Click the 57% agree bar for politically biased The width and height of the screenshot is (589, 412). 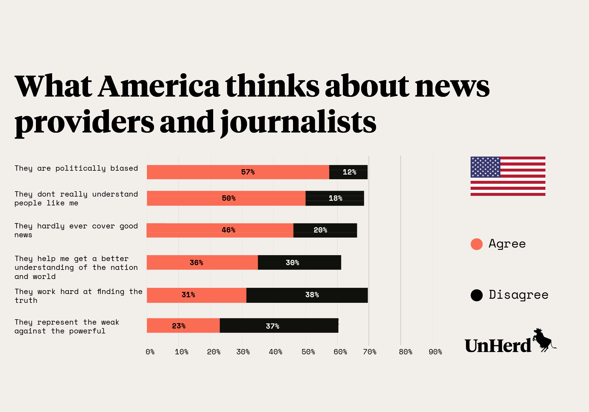[x=238, y=172]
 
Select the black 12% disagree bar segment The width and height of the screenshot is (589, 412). [x=348, y=172]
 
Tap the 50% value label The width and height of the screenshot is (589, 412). [x=229, y=198]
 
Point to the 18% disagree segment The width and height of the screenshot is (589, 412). [x=335, y=198]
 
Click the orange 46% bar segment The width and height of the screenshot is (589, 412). [x=220, y=230]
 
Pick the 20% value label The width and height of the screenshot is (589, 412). [x=320, y=230]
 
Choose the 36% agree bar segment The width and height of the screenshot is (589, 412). [x=202, y=263]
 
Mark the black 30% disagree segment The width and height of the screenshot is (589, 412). [x=300, y=263]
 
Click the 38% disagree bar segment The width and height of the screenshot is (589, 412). [x=307, y=295]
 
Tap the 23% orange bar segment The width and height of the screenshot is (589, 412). [x=183, y=325]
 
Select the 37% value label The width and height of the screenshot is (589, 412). [x=272, y=326]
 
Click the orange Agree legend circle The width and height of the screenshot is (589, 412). [x=477, y=244]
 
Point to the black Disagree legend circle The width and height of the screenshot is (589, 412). [x=477, y=295]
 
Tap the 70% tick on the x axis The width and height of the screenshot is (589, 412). [x=370, y=352]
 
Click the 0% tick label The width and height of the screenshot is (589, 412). [x=150, y=352]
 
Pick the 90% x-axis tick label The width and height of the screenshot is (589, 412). [x=435, y=352]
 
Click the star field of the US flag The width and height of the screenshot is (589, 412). [x=485, y=167]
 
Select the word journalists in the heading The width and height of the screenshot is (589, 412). [x=298, y=122]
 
